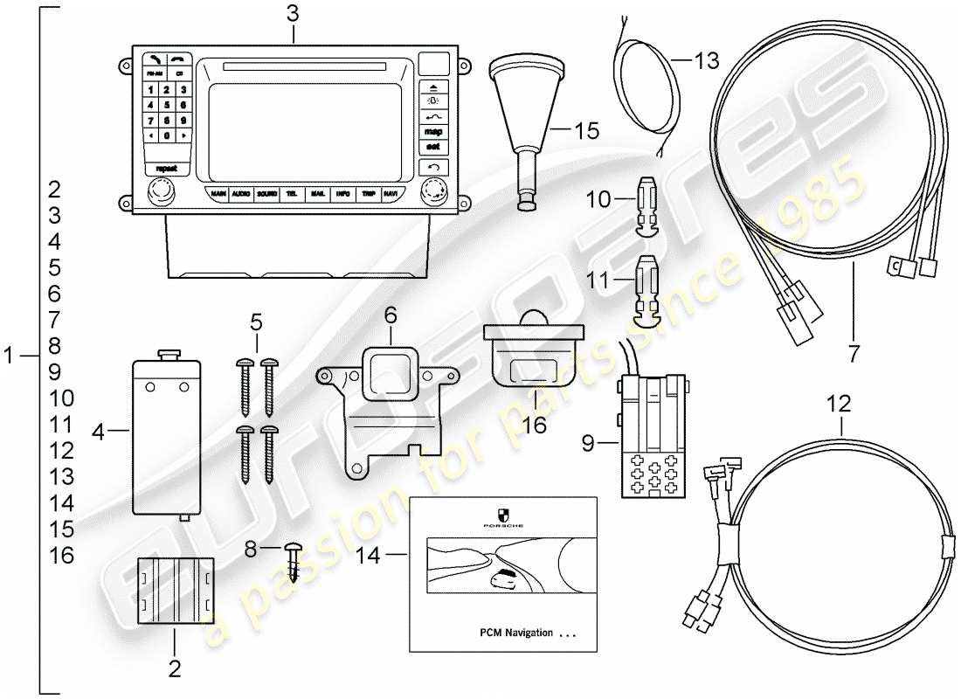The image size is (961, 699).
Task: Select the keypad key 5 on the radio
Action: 167,105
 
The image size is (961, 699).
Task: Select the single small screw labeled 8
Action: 294,559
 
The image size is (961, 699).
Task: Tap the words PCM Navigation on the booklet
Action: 516,633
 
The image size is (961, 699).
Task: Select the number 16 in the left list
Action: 61,556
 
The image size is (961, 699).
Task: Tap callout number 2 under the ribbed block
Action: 174,669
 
